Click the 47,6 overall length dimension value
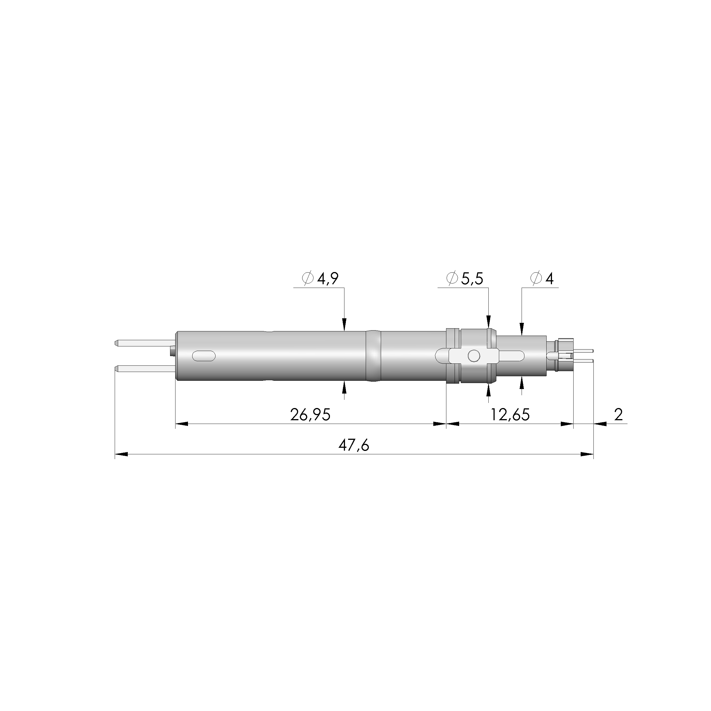coord(354,445)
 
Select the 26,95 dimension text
coord(310,415)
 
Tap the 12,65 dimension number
coord(510,415)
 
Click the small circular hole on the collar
coord(474,355)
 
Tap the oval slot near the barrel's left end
coord(204,356)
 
